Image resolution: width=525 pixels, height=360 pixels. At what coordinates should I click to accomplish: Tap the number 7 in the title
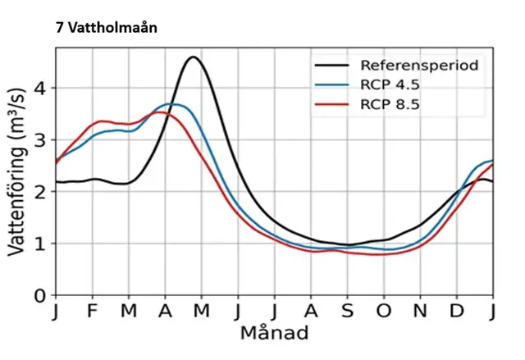click(x=60, y=26)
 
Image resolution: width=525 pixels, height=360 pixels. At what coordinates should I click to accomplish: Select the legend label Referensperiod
click(x=418, y=64)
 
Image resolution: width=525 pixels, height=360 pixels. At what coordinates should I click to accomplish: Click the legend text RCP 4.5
click(x=390, y=84)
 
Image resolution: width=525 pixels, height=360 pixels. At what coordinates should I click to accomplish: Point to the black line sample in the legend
click(x=332, y=64)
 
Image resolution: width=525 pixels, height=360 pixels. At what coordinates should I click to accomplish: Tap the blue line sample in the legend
click(x=332, y=84)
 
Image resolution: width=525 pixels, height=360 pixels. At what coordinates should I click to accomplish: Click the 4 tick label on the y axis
click(x=39, y=88)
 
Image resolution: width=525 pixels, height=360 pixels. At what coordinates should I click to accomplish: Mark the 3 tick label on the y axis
click(x=39, y=139)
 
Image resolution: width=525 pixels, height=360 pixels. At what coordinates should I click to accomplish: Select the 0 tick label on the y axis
click(x=39, y=295)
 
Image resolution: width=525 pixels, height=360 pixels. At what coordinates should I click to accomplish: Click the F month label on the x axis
click(x=93, y=312)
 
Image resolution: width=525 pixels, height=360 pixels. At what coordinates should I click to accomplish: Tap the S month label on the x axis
click(x=348, y=312)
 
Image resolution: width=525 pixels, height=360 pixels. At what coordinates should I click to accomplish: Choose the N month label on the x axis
click(x=420, y=312)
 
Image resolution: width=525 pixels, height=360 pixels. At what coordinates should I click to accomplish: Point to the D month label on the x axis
click(x=457, y=312)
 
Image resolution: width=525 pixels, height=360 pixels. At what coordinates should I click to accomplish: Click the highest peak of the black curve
click(x=193, y=57)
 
